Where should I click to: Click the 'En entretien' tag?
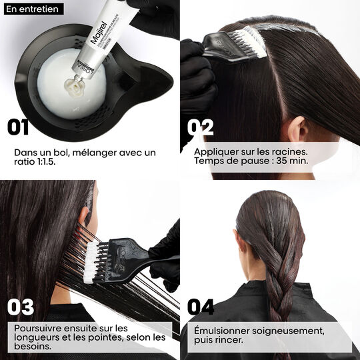tap(32, 9)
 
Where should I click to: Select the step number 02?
tap(200, 127)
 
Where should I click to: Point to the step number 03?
tap(21, 307)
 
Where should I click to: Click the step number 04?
tap(201, 307)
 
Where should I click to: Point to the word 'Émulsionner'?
tap(223, 331)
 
